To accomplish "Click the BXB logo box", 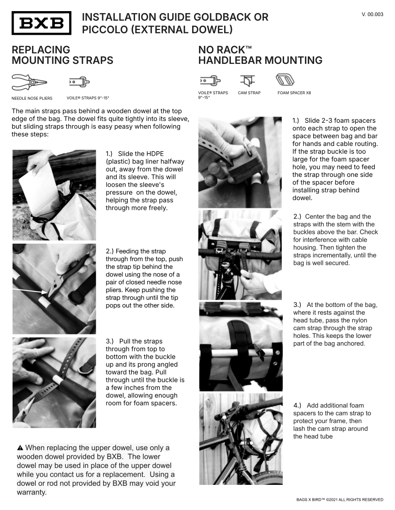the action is click(41, 23).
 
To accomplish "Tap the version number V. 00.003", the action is click(372, 15).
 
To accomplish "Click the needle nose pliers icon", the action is click(29, 82).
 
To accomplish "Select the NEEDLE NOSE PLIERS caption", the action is click(32, 98).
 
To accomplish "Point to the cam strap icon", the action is click(248, 81).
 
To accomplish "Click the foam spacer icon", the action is click(285, 80).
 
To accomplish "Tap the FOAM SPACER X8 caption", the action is click(294, 93).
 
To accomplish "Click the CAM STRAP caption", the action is click(249, 93).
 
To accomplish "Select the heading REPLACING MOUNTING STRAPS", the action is click(62, 55).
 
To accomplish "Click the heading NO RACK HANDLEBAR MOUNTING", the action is click(260, 55).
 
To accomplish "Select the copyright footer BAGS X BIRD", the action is click(340, 499).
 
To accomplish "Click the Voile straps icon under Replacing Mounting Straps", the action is click(79, 82).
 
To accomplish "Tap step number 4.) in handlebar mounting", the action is click(297, 406).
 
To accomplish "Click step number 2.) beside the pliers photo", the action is click(110, 251).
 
